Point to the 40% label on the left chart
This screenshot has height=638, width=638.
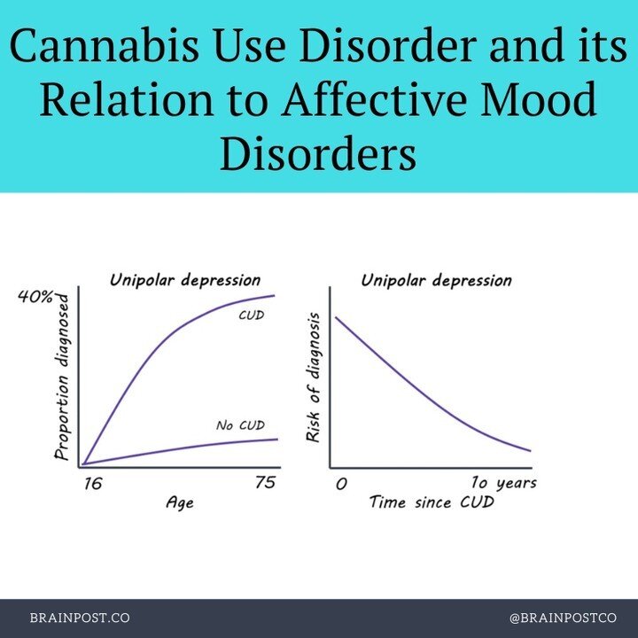36,297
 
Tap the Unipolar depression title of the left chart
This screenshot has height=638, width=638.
185,280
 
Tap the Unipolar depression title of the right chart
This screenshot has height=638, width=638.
436,280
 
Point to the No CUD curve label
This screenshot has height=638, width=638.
240,425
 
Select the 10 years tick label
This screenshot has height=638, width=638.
503,483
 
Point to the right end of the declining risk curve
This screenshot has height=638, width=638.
530,450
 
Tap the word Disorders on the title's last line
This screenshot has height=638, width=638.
318,157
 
